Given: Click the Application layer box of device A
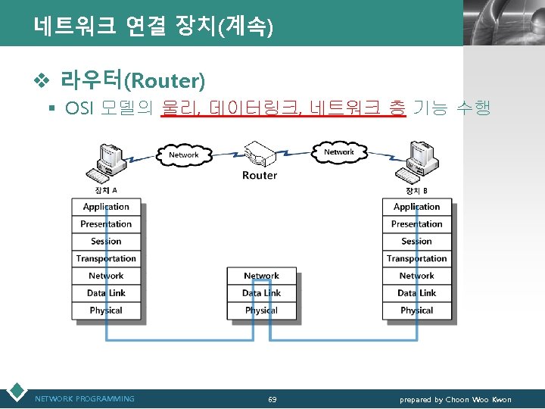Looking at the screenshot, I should click(x=106, y=207).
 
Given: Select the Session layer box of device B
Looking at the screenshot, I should click(x=416, y=242).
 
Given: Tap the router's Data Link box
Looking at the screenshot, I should click(x=261, y=293).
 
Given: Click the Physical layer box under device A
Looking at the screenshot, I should click(x=106, y=311).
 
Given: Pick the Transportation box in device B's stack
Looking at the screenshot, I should click(x=416, y=259).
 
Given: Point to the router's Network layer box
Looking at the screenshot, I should click(x=261, y=276).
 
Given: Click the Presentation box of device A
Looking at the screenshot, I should click(x=106, y=224).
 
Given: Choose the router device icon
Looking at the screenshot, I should click(x=260, y=155).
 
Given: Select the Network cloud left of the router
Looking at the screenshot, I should click(x=183, y=155).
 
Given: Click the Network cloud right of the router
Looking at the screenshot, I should click(x=338, y=152).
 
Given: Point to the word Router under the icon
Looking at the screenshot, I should click(x=260, y=176).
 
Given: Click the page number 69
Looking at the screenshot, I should click(x=272, y=399).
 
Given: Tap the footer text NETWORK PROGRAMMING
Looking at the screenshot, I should click(x=85, y=399).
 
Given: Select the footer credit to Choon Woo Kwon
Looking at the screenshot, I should click(x=456, y=399).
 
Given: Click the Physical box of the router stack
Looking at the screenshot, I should click(x=261, y=311).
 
